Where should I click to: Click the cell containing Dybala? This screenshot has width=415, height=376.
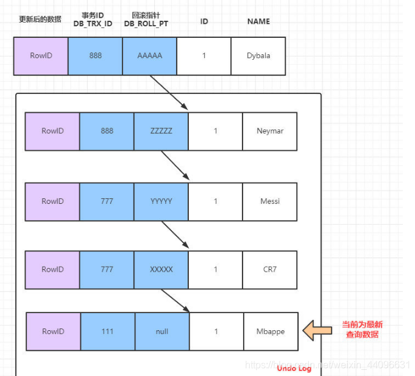(258, 56)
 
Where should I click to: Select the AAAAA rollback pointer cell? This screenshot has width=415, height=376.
(149, 56)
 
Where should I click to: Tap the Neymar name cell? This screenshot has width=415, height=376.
(270, 131)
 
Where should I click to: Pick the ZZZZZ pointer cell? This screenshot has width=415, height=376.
(161, 131)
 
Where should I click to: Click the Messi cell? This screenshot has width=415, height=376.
(270, 201)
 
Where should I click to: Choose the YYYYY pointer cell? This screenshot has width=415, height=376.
(161, 201)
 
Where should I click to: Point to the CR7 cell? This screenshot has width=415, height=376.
(270, 269)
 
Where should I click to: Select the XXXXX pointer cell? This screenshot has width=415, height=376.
(161, 269)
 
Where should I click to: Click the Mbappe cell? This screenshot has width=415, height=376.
(271, 331)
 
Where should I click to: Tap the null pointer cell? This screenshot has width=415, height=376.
(162, 331)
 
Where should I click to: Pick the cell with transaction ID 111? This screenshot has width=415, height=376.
(108, 331)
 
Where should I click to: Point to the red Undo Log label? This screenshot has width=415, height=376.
(294, 368)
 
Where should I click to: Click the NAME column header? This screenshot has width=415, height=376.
(258, 21)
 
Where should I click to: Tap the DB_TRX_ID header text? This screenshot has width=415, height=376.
(94, 23)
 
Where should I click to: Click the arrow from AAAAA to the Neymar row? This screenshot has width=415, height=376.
(169, 92)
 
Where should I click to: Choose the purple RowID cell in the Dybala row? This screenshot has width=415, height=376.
(41, 56)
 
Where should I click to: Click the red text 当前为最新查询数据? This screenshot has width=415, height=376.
(363, 330)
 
